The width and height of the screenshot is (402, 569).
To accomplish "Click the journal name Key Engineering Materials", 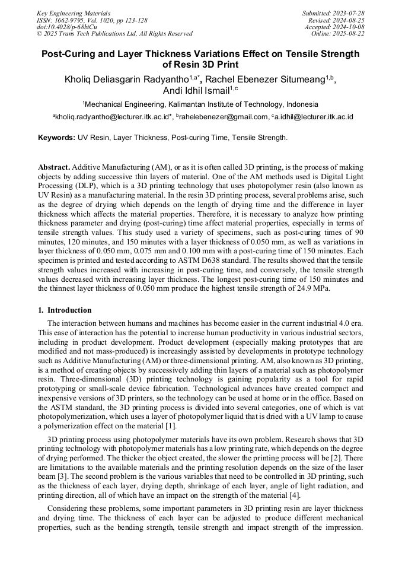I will [x=73, y=12].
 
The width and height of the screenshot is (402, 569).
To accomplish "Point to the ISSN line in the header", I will [x=92, y=20].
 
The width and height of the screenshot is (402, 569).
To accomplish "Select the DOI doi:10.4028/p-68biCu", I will [x=66, y=27].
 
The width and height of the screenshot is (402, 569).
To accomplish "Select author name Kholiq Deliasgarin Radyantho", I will [x=126, y=80].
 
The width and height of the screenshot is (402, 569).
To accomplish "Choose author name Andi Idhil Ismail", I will [x=195, y=91].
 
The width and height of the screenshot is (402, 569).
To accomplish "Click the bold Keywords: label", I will [x=56, y=138].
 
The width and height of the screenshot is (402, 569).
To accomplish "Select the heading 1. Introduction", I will [x=65, y=310].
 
